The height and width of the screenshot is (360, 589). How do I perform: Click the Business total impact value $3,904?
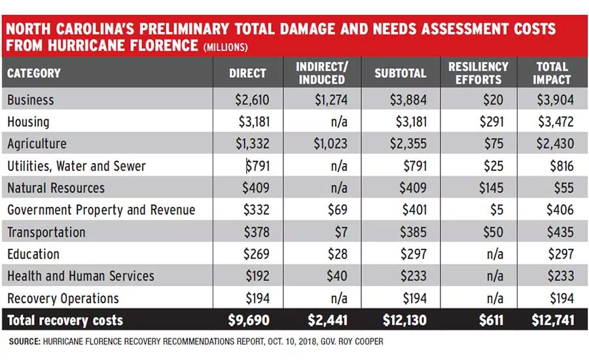555,99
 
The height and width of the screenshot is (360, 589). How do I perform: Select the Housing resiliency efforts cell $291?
491,122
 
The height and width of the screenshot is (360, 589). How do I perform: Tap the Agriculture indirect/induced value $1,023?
330,143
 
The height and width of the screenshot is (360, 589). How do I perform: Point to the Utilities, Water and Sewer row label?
77,166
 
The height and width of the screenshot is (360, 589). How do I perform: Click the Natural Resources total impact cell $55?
564,187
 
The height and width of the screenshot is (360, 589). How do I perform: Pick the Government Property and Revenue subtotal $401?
414,209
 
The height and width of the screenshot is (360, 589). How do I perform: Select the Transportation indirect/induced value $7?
341,232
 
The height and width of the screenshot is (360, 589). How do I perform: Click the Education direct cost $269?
256,254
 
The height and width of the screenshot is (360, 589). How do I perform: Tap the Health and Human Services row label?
80,276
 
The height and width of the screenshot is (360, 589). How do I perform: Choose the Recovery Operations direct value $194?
258,298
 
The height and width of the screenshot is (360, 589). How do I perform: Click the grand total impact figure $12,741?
552,320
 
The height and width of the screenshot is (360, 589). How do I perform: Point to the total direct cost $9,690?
249,320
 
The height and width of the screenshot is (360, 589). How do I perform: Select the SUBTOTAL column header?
400,73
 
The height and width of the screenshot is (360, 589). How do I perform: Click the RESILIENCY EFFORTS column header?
478,73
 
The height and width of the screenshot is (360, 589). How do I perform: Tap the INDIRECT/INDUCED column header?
322,73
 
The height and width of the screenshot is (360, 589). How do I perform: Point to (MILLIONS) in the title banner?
225,47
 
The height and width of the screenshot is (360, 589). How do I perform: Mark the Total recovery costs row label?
65,320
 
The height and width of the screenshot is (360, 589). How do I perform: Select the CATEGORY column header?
34,73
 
